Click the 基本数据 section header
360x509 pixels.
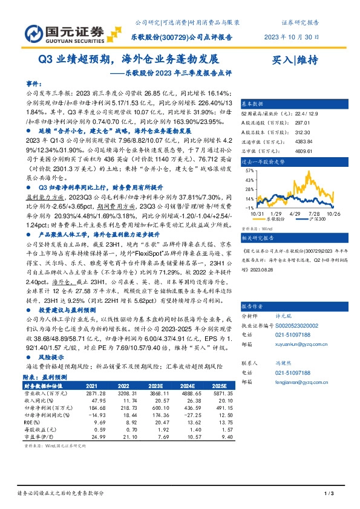coord(254,103)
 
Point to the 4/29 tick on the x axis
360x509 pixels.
coord(296,213)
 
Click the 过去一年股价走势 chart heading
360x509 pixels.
coord(263,163)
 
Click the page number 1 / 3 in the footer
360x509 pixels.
coord(329,494)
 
